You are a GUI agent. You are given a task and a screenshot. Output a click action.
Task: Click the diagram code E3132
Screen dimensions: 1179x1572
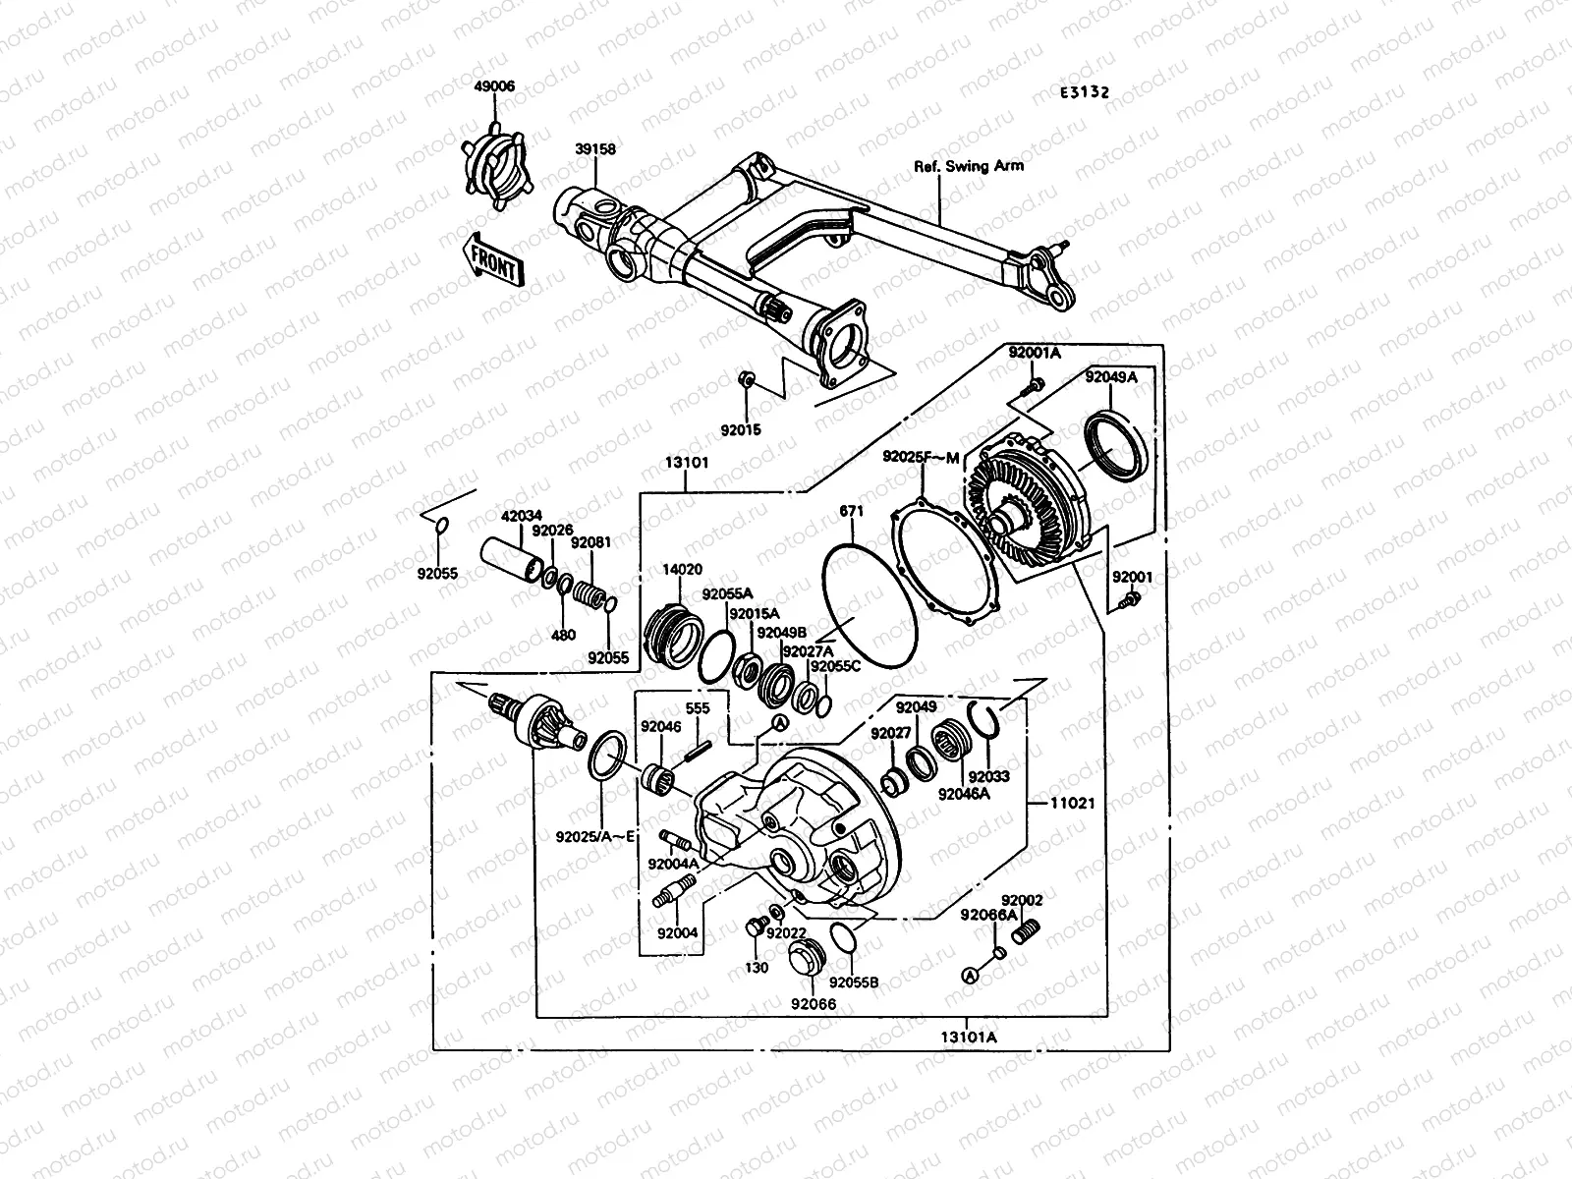[1084, 92]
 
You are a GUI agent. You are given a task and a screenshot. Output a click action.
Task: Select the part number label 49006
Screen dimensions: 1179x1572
[493, 86]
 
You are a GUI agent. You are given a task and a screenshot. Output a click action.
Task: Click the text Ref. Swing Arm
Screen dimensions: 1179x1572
[968, 166]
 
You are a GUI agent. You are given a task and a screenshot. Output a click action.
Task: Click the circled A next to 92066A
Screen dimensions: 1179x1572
[971, 975]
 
